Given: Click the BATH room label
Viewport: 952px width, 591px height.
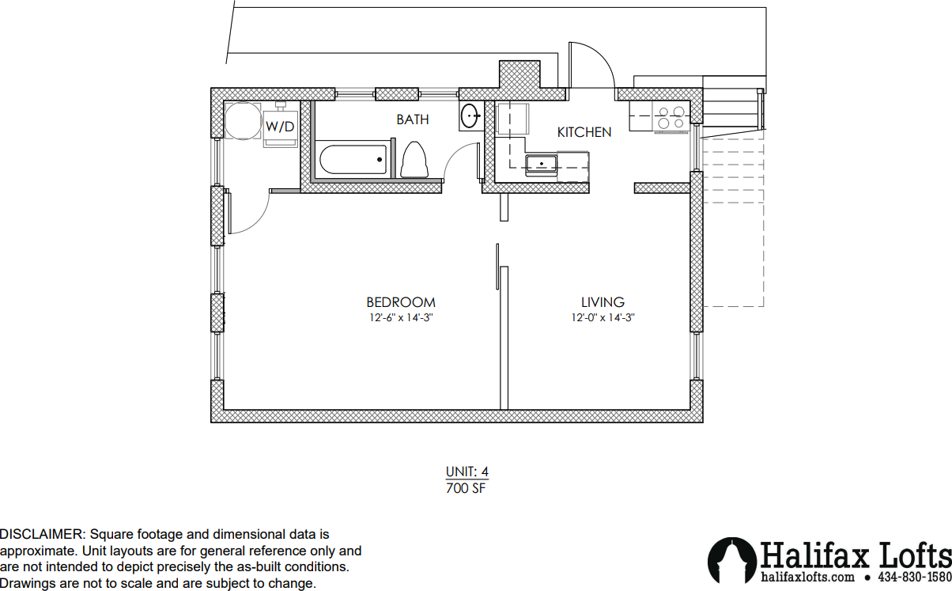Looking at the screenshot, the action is click(x=412, y=119).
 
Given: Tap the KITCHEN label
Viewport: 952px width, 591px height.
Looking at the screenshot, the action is click(x=584, y=132).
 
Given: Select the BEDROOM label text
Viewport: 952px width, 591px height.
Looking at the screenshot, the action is click(x=401, y=302).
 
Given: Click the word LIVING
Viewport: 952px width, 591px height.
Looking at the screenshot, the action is click(x=603, y=302).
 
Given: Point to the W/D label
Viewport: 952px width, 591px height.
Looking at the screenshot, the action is click(x=280, y=127).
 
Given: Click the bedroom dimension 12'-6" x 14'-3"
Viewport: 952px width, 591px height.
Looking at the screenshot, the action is click(x=401, y=317).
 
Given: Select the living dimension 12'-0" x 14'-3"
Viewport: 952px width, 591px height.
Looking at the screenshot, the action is click(x=603, y=317).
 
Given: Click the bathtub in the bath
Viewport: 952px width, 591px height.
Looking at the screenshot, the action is click(x=353, y=160).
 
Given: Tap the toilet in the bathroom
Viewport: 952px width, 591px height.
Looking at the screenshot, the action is click(x=414, y=160).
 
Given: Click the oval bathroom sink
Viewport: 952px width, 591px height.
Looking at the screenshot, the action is click(x=470, y=116).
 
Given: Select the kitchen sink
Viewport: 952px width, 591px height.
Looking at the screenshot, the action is click(x=541, y=164).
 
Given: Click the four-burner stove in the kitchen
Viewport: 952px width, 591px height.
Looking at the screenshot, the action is click(x=671, y=117).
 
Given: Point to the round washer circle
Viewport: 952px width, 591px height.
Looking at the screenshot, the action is click(x=243, y=121).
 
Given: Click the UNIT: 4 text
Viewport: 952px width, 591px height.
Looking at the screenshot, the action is click(x=467, y=472).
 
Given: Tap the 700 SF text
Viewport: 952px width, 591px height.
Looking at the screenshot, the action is click(x=466, y=488).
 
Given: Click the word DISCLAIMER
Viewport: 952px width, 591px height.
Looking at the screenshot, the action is click(x=43, y=534).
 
